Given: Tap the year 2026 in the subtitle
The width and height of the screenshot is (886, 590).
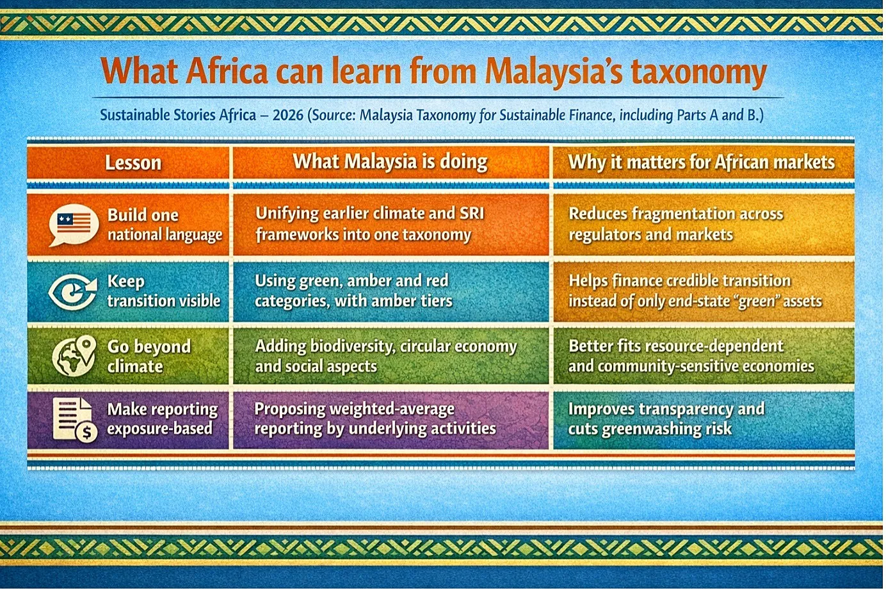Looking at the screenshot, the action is [288, 115].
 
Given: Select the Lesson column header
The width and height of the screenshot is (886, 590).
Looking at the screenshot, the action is [133, 163].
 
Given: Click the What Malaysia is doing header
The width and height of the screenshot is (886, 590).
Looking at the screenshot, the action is [390, 162].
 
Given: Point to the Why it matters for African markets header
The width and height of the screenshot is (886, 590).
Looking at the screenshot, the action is [701, 162].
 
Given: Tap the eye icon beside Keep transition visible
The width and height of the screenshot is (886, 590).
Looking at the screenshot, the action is [73, 291].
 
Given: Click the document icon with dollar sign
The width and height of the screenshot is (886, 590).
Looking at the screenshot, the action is [75, 420].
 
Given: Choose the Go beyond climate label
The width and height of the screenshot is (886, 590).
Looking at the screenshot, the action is [149, 356].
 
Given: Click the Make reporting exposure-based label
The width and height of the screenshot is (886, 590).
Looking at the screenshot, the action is [162, 419].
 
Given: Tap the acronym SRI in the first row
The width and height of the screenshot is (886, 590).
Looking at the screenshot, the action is [471, 214].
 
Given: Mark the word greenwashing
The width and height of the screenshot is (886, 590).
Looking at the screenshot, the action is [647, 429].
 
